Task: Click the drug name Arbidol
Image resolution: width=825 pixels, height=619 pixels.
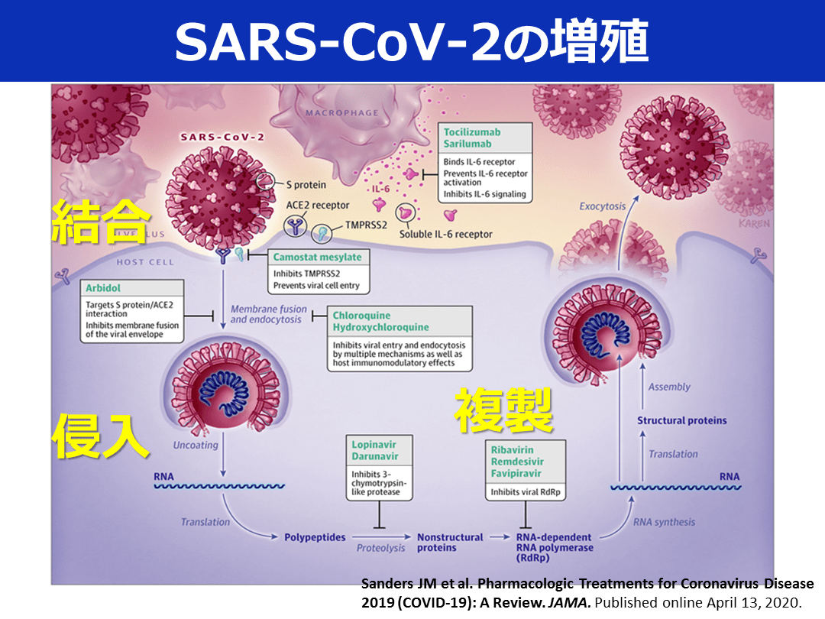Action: click(103, 288)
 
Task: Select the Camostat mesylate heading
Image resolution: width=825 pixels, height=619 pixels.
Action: click(317, 257)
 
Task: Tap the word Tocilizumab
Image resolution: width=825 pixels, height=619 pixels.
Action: click(472, 131)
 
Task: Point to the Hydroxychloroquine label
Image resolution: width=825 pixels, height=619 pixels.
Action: click(380, 327)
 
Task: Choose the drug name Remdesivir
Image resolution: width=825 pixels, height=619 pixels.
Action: click(517, 461)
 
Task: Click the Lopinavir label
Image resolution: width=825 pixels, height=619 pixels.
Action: click(374, 444)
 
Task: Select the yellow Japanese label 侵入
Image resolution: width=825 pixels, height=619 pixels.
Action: click(100, 436)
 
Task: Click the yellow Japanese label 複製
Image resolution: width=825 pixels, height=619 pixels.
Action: click(504, 410)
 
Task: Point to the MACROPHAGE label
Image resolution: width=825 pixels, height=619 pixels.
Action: click(342, 112)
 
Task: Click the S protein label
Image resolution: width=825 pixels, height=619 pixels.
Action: click(306, 185)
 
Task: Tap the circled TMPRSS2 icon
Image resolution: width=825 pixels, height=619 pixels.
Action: click(321, 233)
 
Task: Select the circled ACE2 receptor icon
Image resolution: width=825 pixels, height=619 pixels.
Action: click(295, 226)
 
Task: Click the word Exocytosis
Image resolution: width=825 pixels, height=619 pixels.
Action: click(603, 206)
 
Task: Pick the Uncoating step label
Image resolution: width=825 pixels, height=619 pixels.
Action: click(196, 445)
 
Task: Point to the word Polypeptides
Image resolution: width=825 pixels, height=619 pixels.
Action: click(315, 537)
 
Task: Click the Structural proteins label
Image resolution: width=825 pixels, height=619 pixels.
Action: click(682, 420)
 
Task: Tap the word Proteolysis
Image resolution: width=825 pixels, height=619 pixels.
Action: click(381, 548)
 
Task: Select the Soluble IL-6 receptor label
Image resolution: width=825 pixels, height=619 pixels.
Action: click(445, 234)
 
